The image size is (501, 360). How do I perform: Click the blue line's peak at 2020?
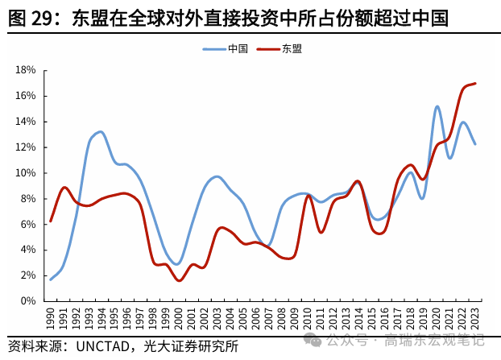(x=437, y=106)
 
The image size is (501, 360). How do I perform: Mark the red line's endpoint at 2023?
(x=475, y=83)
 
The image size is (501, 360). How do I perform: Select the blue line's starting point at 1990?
(x=50, y=279)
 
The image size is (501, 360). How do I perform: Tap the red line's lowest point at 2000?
(x=179, y=280)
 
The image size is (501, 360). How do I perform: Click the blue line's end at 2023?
(x=475, y=143)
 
